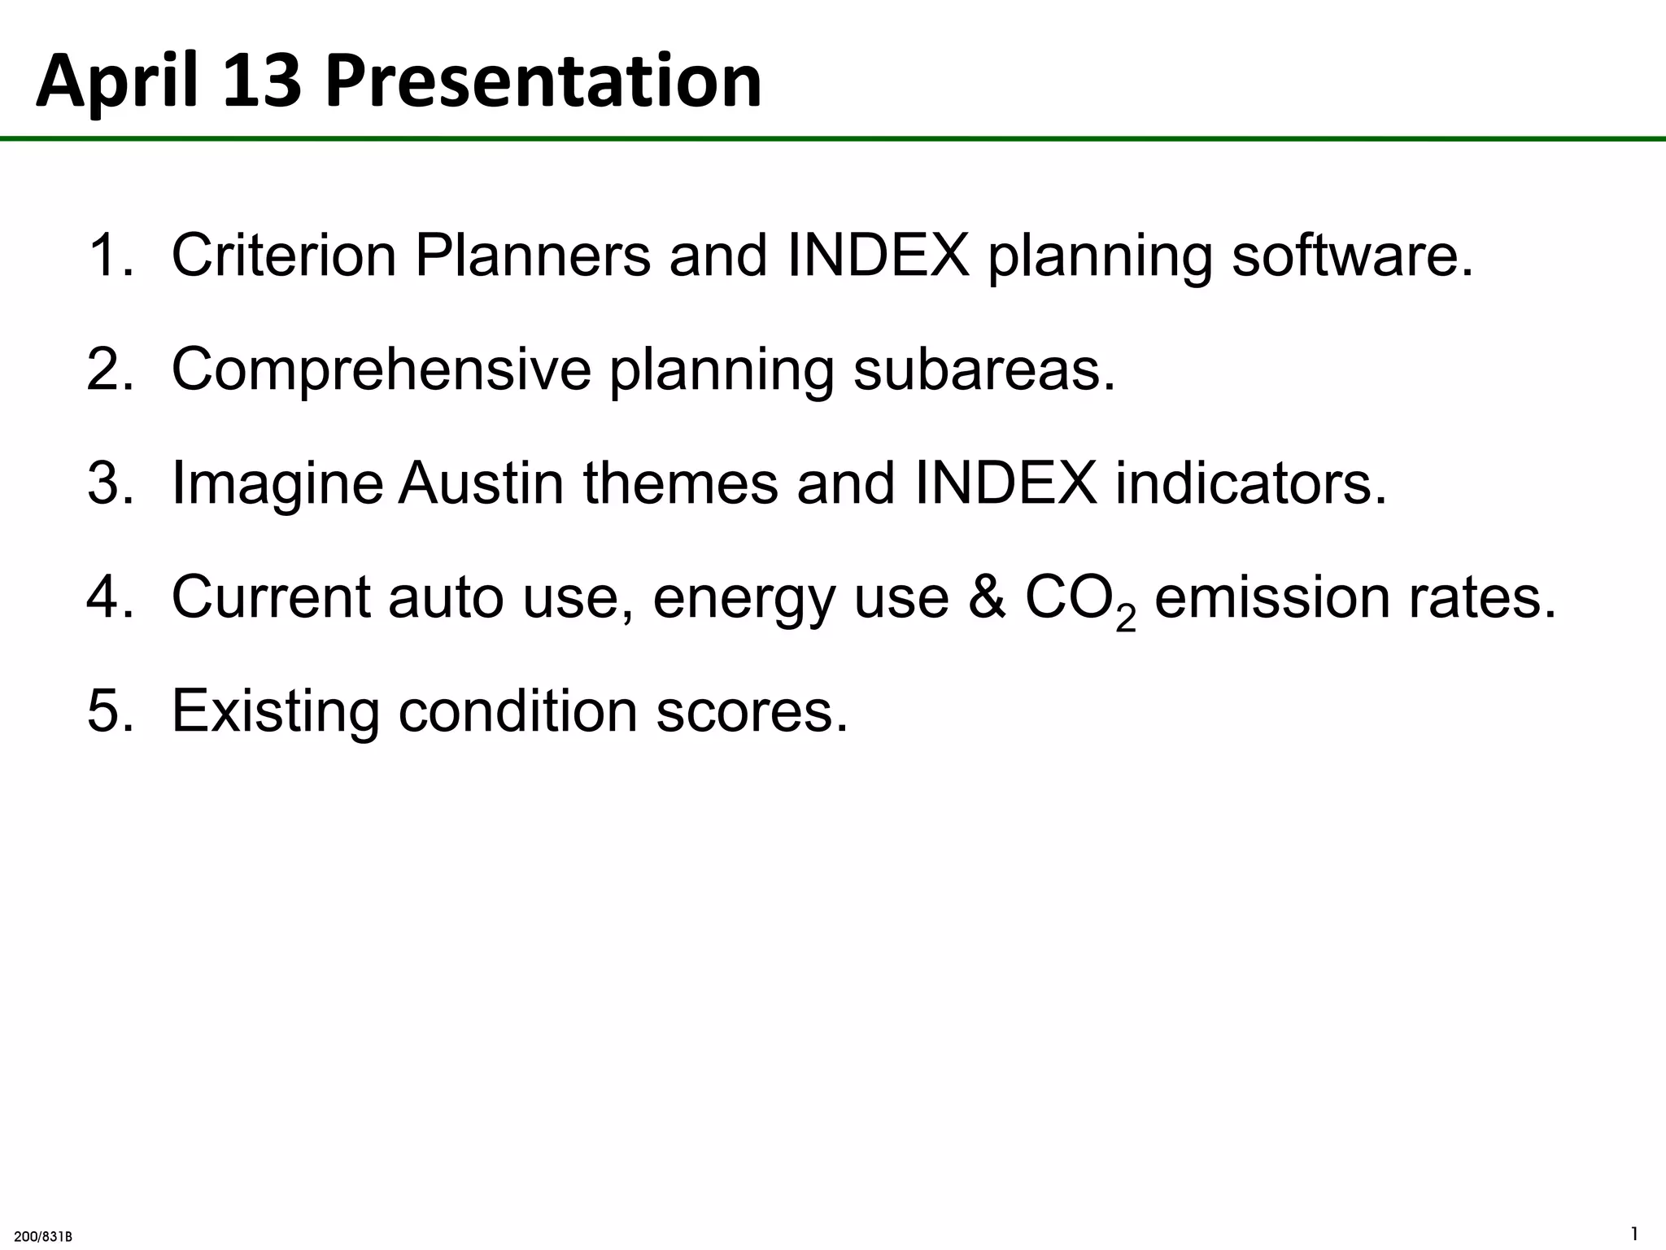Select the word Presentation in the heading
[x=543, y=82]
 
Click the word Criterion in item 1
[x=283, y=256]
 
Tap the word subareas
[x=983, y=369]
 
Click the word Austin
[x=481, y=483]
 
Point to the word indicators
[x=1250, y=483]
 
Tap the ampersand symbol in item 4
[x=987, y=597]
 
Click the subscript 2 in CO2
[x=1125, y=619]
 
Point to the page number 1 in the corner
[x=1635, y=1233]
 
